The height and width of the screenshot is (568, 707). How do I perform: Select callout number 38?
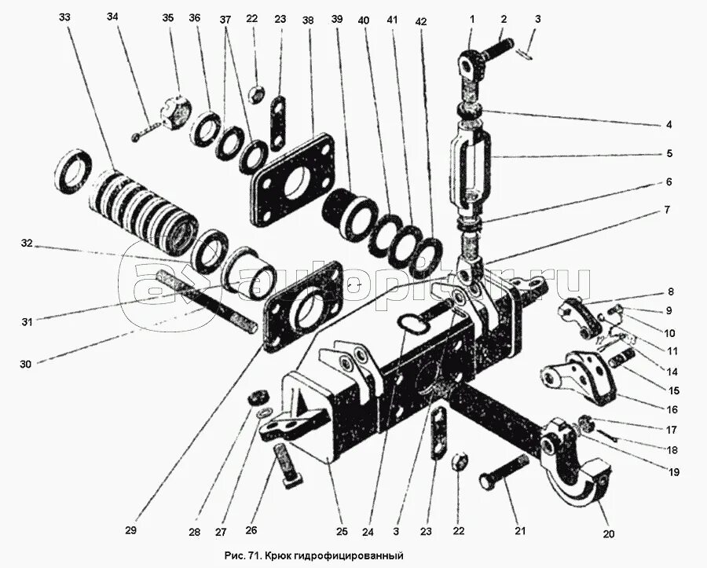[x=308, y=20]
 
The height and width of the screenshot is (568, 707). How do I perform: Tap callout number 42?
[x=421, y=22]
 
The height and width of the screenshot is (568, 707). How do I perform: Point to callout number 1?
[x=473, y=17]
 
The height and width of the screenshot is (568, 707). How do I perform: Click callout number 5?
[x=669, y=155]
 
